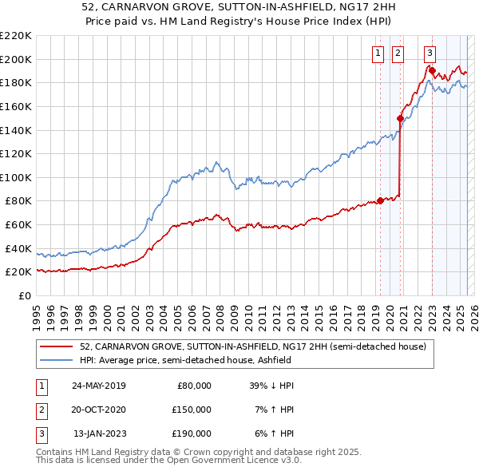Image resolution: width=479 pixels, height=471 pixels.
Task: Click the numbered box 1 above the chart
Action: [377, 53]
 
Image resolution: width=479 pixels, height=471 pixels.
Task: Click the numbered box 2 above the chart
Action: [398, 53]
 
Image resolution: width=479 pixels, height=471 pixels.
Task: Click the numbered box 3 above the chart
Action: [430, 53]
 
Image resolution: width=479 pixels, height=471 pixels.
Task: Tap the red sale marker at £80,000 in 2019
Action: [380, 200]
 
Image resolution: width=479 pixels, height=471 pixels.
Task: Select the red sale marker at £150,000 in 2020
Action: [400, 118]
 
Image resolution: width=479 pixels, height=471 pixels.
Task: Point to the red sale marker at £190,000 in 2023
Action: [432, 70]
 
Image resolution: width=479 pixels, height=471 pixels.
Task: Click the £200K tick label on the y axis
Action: [16, 59]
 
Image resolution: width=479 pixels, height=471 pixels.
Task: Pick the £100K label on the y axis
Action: [16, 177]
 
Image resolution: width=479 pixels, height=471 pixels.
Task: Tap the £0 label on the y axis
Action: [26, 295]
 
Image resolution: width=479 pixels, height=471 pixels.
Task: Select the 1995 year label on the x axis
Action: [37, 313]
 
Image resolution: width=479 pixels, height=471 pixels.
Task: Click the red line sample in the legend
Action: [56, 347]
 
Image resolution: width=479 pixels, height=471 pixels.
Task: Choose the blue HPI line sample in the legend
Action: [56, 360]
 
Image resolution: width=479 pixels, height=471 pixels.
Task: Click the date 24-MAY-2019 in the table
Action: [98, 386]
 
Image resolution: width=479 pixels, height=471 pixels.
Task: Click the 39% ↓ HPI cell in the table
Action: [272, 386]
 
